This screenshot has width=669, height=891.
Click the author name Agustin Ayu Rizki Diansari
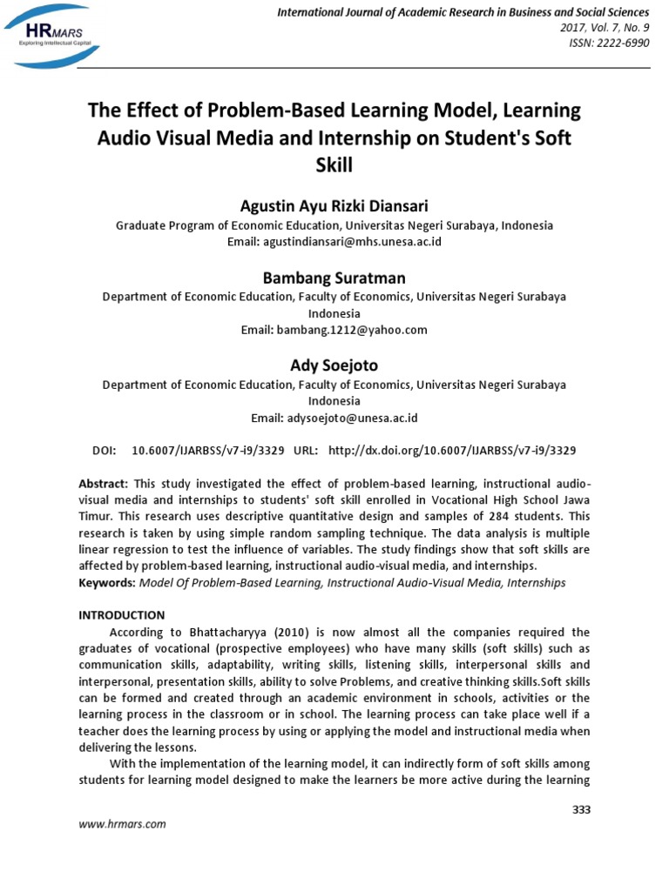[334, 206]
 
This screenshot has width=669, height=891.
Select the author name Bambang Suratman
[334, 278]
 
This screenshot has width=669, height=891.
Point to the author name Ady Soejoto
[334, 365]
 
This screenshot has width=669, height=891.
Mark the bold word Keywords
[106, 582]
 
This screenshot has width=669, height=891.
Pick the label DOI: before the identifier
[103, 451]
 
